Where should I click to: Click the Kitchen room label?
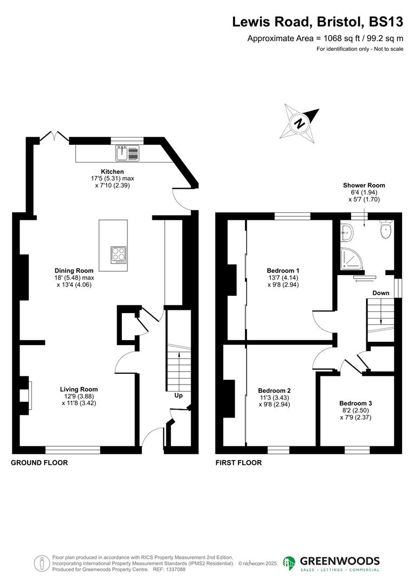click(x=112, y=172)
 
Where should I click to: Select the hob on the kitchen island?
click(x=119, y=255)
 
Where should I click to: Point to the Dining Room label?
click(x=74, y=270)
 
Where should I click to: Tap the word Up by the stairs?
click(x=178, y=395)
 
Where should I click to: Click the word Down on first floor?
click(x=380, y=293)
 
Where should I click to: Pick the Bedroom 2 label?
click(x=274, y=391)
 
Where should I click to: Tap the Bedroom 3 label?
click(x=355, y=403)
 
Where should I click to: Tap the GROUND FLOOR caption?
click(x=40, y=463)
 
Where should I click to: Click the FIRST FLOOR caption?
click(x=238, y=463)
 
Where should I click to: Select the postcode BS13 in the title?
click(x=386, y=22)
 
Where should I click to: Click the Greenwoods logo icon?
click(x=289, y=563)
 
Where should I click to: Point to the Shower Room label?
click(x=367, y=185)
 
